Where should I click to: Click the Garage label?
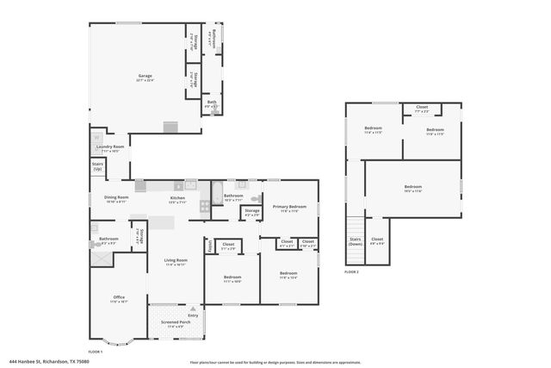point(145,76)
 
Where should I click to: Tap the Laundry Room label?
point(109,147)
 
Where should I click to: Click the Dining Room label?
point(116,197)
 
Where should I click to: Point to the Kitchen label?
point(177,198)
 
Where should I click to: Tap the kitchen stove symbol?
point(205,206)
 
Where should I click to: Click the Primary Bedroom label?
point(290,207)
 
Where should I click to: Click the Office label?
point(119,297)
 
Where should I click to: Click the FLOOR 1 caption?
point(96,351)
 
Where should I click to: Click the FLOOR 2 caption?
point(350,271)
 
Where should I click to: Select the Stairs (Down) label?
point(355,241)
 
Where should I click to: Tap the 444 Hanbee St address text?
point(49,361)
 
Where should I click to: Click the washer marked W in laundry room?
point(96,136)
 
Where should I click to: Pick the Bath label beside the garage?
point(212,102)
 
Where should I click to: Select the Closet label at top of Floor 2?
point(422,108)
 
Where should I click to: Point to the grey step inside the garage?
point(170,128)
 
